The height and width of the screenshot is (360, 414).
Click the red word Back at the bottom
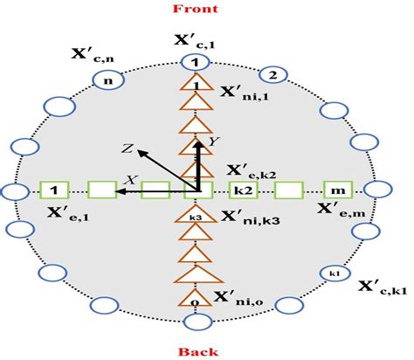[199, 349]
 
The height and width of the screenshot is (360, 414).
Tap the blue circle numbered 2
[273, 73]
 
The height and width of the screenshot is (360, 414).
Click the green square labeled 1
[54, 189]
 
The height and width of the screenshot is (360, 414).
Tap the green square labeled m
[337, 189]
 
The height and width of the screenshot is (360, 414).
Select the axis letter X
[133, 178]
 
